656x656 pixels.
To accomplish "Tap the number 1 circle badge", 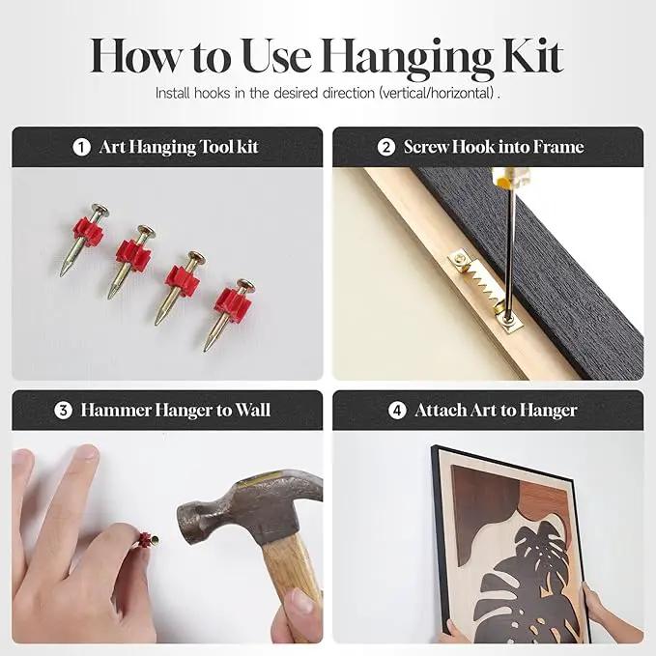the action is pos(81,147).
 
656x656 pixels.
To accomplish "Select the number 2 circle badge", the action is pos(385,147).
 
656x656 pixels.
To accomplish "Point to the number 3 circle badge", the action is pos(63,410).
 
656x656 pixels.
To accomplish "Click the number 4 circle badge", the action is pos(397,410).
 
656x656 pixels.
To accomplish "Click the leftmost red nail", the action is pos(84,240).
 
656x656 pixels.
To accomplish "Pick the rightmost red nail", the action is pos(230,315).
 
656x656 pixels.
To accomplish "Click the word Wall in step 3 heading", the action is pos(253,410).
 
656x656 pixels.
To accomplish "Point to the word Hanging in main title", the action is pos(408,59).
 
